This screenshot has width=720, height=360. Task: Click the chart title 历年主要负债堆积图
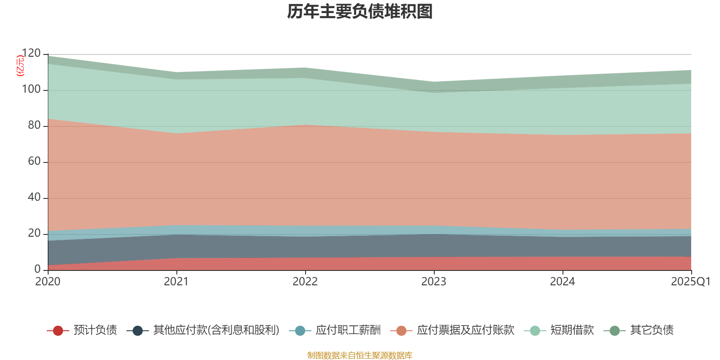click(x=360, y=12)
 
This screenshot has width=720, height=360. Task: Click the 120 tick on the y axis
click(x=31, y=54)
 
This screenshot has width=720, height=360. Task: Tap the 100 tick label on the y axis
click(x=31, y=90)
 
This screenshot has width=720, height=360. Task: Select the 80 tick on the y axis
click(x=34, y=126)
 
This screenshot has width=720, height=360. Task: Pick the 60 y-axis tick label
click(x=34, y=162)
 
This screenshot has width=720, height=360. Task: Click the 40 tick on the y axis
click(x=34, y=198)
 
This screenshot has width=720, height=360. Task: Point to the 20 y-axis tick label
click(x=34, y=234)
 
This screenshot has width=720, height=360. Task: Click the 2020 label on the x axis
click(x=48, y=282)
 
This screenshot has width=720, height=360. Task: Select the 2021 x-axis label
click(x=176, y=282)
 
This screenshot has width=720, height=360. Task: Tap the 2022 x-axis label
click(x=305, y=282)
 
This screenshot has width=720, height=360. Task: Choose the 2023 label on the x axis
click(x=434, y=282)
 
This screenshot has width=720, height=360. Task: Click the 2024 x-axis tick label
click(x=562, y=282)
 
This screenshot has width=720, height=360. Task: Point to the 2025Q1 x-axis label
click(x=690, y=282)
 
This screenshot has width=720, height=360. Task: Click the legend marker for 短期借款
click(x=535, y=331)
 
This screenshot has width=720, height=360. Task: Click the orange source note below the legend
click(x=360, y=355)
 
